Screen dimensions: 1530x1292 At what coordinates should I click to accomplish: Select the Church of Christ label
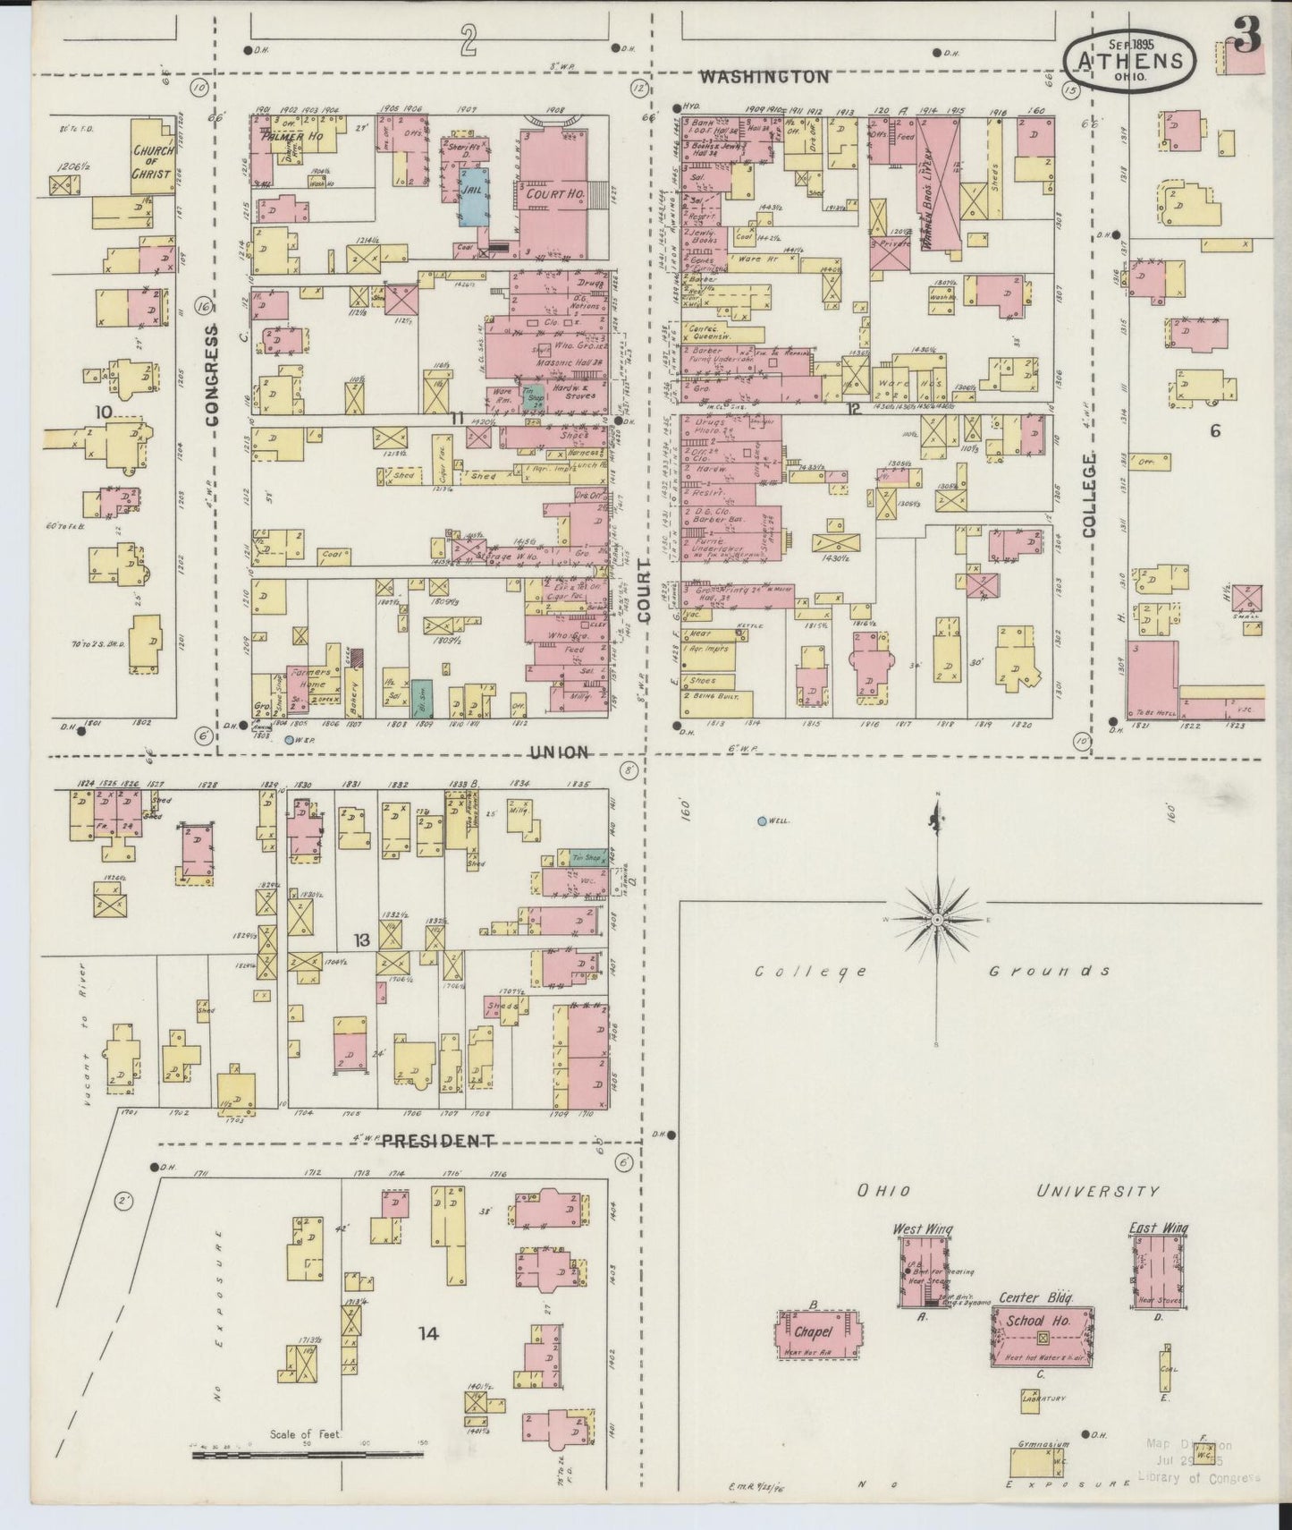[153, 162]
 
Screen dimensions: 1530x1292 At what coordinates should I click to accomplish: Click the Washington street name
[764, 77]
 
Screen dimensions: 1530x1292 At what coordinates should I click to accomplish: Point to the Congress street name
[212, 373]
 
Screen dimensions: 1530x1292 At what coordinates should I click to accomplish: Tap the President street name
[438, 1141]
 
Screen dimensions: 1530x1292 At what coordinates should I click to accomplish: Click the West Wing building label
[923, 1229]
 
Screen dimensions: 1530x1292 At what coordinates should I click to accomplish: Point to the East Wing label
[1158, 1228]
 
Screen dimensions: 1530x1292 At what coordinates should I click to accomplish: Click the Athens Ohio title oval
[1129, 60]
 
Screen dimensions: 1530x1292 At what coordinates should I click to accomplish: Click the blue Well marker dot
[761, 820]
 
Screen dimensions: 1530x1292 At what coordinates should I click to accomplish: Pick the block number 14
[428, 1334]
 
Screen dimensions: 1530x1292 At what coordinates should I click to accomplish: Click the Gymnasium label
[1043, 1445]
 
